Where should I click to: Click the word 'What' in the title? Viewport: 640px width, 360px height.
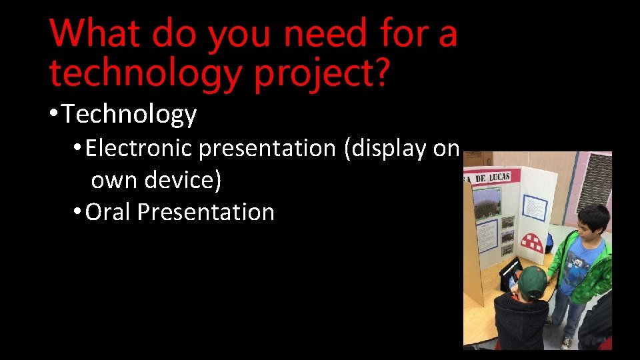click(95, 33)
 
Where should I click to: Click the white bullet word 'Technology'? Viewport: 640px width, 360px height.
click(130, 115)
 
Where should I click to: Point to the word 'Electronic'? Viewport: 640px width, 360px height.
click(139, 148)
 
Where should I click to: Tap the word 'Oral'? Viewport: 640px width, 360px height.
click(109, 212)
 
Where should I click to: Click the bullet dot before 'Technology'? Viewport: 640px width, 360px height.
click(53, 115)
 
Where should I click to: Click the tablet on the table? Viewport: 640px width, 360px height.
click(510, 273)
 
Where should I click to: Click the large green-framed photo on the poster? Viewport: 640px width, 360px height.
click(485, 201)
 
